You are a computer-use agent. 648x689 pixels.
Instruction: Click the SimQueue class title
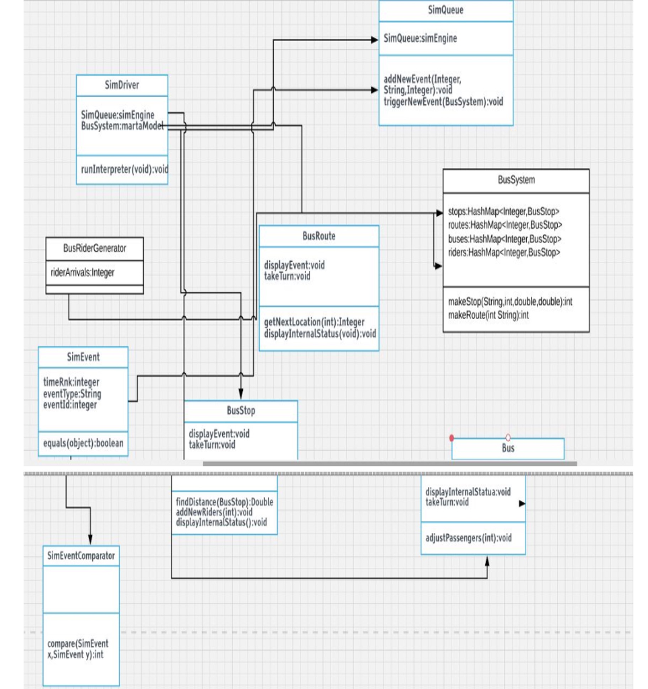445,10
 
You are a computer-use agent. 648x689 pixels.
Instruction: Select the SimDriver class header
122,85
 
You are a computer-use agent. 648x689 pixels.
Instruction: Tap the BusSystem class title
516,180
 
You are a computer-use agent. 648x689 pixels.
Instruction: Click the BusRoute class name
318,236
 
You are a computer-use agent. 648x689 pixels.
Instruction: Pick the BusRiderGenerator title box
94,248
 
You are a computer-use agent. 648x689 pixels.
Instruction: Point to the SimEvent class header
83,357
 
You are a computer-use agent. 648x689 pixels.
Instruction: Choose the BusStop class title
240,410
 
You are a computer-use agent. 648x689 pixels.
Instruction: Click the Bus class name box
508,448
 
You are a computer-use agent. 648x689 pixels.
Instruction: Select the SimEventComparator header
81,556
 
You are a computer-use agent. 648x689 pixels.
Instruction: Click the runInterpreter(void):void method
124,170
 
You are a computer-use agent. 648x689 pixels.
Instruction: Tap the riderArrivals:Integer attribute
83,273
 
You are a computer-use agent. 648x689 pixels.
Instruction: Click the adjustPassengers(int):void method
468,538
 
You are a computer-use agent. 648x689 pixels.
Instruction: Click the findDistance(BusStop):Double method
224,503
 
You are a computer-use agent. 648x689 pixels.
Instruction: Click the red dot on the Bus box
452,437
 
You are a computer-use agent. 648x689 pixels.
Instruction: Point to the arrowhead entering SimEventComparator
90,541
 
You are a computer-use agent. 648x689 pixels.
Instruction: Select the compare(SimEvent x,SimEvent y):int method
77,649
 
